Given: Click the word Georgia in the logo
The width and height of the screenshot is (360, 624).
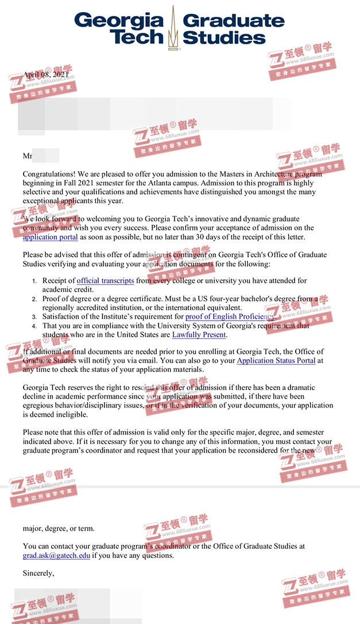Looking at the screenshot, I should pyautogui.click(x=119, y=21).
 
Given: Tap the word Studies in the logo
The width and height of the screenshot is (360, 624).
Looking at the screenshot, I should pyautogui.click(x=224, y=37).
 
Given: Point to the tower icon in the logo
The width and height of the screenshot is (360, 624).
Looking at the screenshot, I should pyautogui.click(x=173, y=27).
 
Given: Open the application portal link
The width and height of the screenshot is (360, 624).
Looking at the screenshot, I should pyautogui.click(x=50, y=237).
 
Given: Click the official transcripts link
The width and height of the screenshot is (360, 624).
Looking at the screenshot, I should pyautogui.click(x=105, y=280).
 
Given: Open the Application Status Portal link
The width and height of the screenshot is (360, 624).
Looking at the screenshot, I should pyautogui.click(x=276, y=360).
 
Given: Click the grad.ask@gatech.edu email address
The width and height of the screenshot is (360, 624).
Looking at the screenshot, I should pyautogui.click(x=56, y=556).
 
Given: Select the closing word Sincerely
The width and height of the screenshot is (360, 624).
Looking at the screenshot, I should pyautogui.click(x=38, y=573).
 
